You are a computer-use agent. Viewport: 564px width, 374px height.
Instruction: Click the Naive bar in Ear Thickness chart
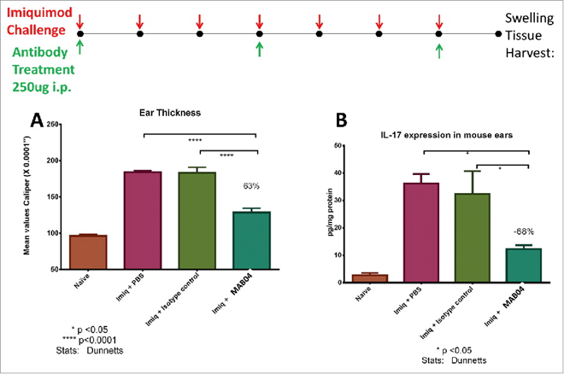point(88,252)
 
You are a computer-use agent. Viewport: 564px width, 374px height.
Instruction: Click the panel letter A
point(37,120)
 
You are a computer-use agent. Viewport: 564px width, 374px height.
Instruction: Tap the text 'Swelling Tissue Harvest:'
point(530,35)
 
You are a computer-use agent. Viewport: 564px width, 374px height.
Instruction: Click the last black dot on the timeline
point(499,34)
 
